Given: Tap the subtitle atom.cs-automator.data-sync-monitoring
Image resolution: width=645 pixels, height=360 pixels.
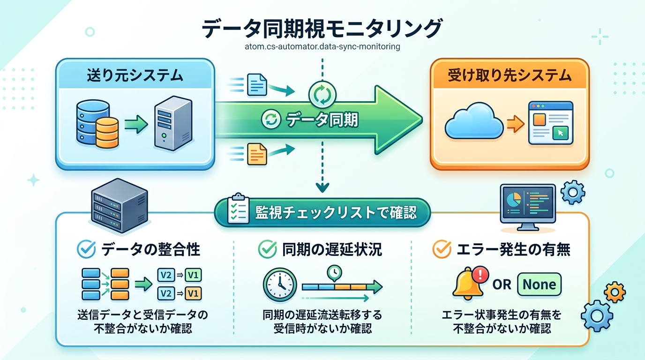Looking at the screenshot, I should pos(322,47).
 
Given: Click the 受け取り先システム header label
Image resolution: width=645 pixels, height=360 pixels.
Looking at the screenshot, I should pos(510,75).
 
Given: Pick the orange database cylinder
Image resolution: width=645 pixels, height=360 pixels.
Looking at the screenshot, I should pos(106,132).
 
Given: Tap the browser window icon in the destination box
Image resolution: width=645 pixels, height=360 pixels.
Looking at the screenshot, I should pos(550,123).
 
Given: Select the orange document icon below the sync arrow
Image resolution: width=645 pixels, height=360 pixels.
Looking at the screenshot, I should pos(256,153).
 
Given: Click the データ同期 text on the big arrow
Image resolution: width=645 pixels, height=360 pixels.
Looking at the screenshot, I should pos(322,120).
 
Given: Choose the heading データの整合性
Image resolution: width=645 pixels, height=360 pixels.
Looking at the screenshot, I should pos(150,249).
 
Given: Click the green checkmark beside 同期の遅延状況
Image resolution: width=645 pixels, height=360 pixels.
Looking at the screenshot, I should pos(268,249).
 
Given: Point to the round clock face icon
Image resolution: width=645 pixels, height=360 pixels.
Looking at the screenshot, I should pos(280,285).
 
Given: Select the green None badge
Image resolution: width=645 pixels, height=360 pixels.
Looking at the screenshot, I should pos(539,284).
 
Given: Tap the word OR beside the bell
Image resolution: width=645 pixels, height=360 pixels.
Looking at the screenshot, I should pos(502,285).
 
